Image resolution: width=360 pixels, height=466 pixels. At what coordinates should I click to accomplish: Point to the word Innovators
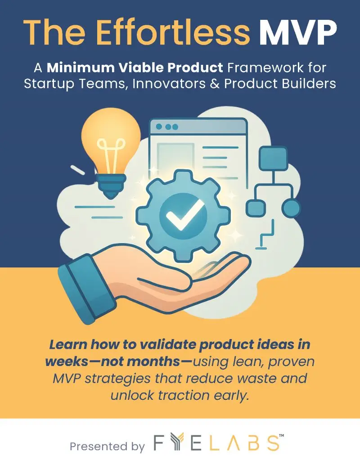[169, 84]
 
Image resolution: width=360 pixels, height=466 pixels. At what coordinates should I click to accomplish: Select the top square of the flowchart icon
[273, 158]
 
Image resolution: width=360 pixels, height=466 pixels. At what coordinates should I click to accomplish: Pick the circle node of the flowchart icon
[291, 208]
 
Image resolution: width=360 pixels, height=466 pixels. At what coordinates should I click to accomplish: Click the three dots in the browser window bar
[167, 127]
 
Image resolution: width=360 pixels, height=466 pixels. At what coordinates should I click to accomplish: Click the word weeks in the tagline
[67, 362]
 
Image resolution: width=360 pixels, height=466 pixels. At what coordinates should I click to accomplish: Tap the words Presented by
[107, 446]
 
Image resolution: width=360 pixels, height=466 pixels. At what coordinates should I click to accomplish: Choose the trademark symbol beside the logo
[282, 436]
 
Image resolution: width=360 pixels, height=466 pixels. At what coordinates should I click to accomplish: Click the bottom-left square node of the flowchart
[256, 208]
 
